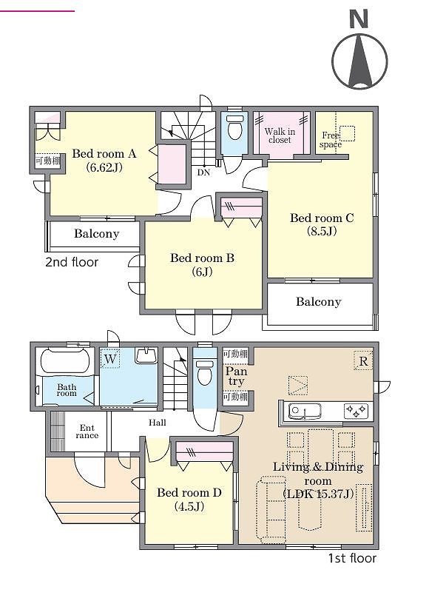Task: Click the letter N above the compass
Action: tap(359, 19)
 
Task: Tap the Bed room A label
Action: tap(104, 154)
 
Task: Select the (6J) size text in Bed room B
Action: tap(202, 272)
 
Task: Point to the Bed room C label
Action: tap(322, 218)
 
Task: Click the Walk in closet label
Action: tap(280, 135)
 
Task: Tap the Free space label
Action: tap(331, 140)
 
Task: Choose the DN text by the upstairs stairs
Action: tap(204, 172)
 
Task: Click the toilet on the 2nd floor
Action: tap(234, 127)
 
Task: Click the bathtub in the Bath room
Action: tap(65, 360)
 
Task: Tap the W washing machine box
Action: tap(110, 359)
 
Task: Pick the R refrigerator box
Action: tap(363, 360)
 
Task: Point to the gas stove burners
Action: tap(357, 411)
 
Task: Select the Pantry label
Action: tap(236, 376)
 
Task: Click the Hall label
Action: tap(158, 423)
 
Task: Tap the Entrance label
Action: tap(87, 432)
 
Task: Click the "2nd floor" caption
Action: tap(72, 262)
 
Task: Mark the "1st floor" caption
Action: tap(352, 558)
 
